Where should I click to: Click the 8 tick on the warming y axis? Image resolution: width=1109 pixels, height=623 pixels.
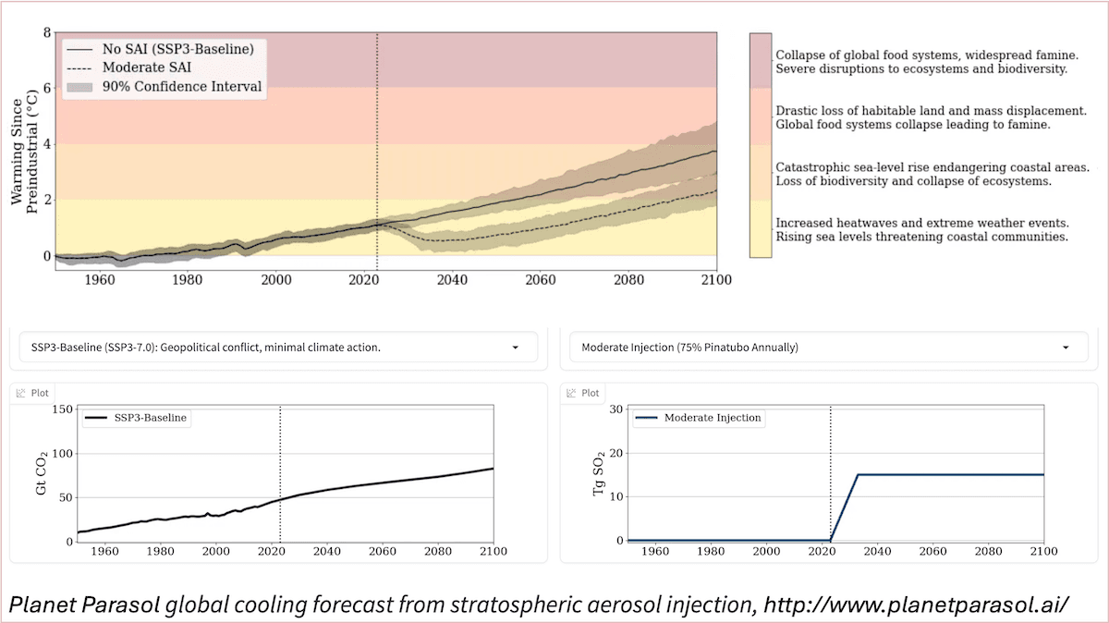[x=46, y=33]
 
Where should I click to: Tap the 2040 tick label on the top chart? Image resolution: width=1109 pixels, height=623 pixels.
[x=451, y=278]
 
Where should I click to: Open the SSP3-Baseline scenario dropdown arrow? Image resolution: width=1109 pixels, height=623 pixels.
[x=515, y=348]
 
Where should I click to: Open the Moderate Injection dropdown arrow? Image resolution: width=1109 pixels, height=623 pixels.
[x=1066, y=348]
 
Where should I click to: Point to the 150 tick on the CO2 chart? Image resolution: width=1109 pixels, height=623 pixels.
[x=61, y=409]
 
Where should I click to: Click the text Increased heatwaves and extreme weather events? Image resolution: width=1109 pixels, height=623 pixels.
[x=921, y=223]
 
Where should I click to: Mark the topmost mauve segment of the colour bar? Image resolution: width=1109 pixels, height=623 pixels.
[x=760, y=60]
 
